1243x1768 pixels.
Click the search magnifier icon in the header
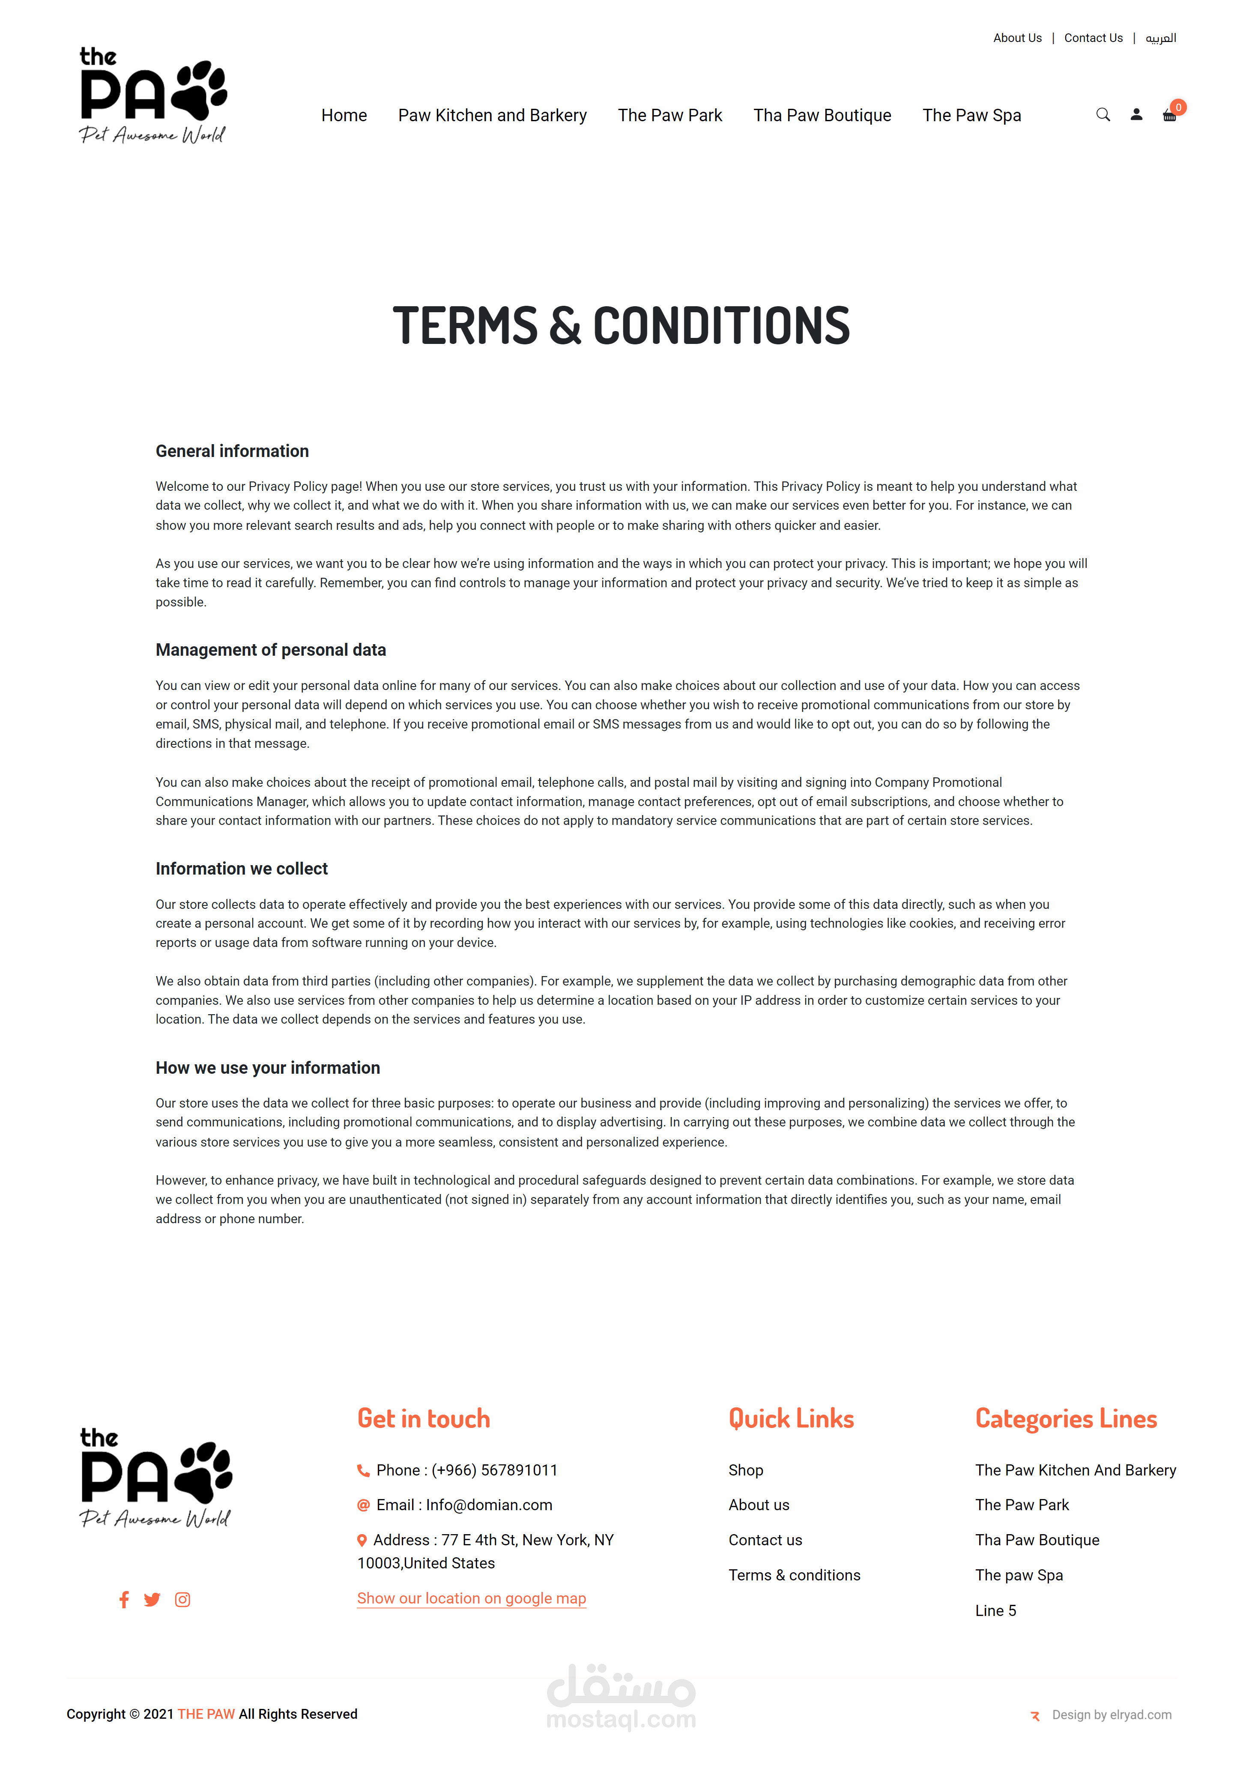coord(1103,115)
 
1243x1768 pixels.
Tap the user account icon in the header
coord(1136,115)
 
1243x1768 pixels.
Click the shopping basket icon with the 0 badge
coord(1169,116)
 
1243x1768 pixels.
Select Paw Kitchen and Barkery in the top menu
coord(492,116)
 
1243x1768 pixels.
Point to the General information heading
coord(232,451)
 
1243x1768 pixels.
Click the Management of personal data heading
coord(270,650)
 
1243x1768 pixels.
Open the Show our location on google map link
coord(471,1598)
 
